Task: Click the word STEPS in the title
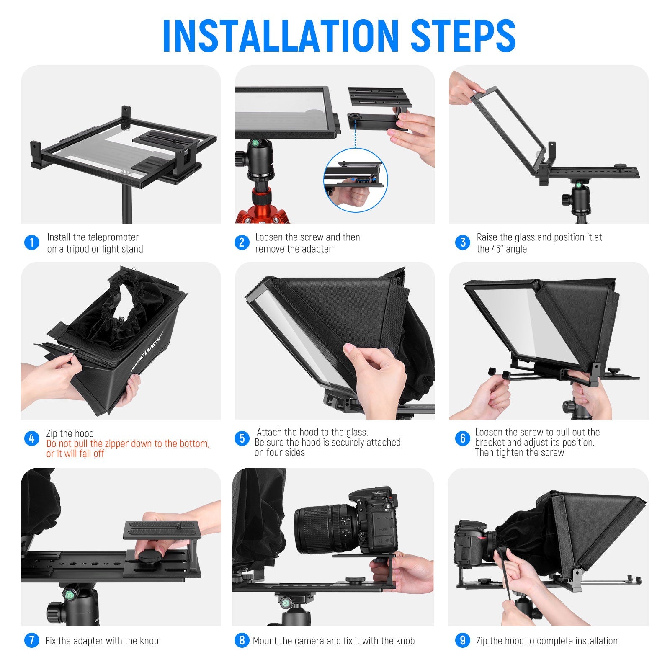(463, 36)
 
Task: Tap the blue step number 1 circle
(32, 242)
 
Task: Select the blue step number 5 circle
(242, 438)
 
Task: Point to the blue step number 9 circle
(462, 640)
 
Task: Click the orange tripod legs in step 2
(262, 209)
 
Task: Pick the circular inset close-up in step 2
(356, 180)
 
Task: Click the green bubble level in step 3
(578, 185)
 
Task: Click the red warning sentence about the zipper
(128, 448)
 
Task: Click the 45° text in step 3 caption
(497, 249)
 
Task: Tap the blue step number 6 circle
(462, 438)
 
